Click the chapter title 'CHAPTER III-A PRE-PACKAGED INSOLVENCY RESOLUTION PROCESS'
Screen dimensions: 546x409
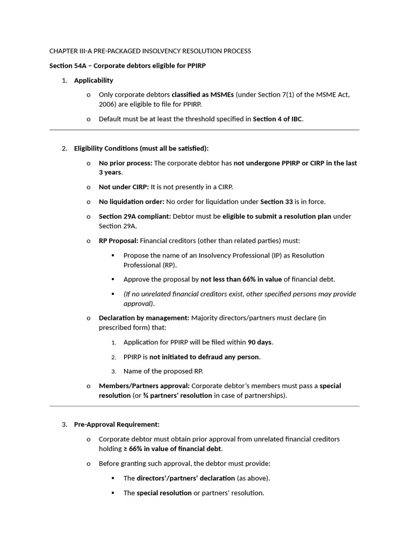tap(150, 51)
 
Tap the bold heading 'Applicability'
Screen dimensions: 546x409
tap(93, 81)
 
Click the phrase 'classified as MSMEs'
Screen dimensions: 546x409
tap(202, 95)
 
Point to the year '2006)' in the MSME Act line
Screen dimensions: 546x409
tap(108, 105)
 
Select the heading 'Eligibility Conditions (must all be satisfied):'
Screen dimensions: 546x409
tap(141, 148)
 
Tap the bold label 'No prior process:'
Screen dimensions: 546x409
tap(125, 163)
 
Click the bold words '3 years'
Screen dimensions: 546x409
tap(110, 172)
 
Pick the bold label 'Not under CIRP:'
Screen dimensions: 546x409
tap(124, 187)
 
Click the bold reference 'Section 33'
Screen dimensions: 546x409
tap(276, 202)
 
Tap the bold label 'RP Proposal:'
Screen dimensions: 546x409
tap(118, 241)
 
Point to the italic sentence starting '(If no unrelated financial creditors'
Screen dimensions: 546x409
tap(240, 294)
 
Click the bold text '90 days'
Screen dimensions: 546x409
tap(260, 342)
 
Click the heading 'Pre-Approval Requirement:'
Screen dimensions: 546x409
tap(117, 424)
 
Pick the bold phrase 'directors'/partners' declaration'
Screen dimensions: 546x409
tap(186, 478)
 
